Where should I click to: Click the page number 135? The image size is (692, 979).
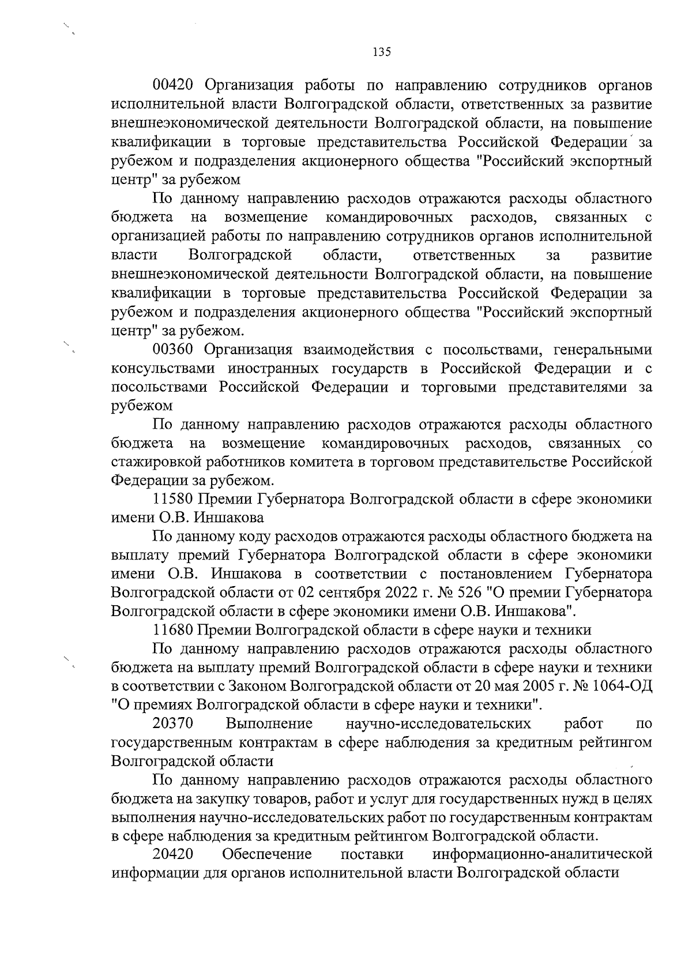point(382,52)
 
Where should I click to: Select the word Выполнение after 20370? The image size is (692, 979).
point(269,723)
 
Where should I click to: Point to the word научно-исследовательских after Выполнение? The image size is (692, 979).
point(438,723)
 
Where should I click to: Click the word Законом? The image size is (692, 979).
point(258,686)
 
